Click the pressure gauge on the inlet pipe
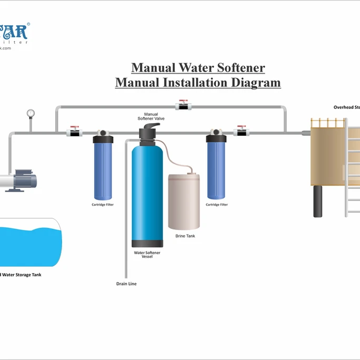tap(31, 113)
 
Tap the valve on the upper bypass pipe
tap(183, 106)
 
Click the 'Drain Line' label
tap(126, 284)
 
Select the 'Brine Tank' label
tap(185, 236)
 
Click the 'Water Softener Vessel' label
tap(147, 255)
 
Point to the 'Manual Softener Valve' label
tap(151, 116)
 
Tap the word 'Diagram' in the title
tap(255, 83)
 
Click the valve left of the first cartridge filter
tap(74, 132)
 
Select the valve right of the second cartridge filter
tap(241, 132)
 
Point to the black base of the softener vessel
tap(147, 244)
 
